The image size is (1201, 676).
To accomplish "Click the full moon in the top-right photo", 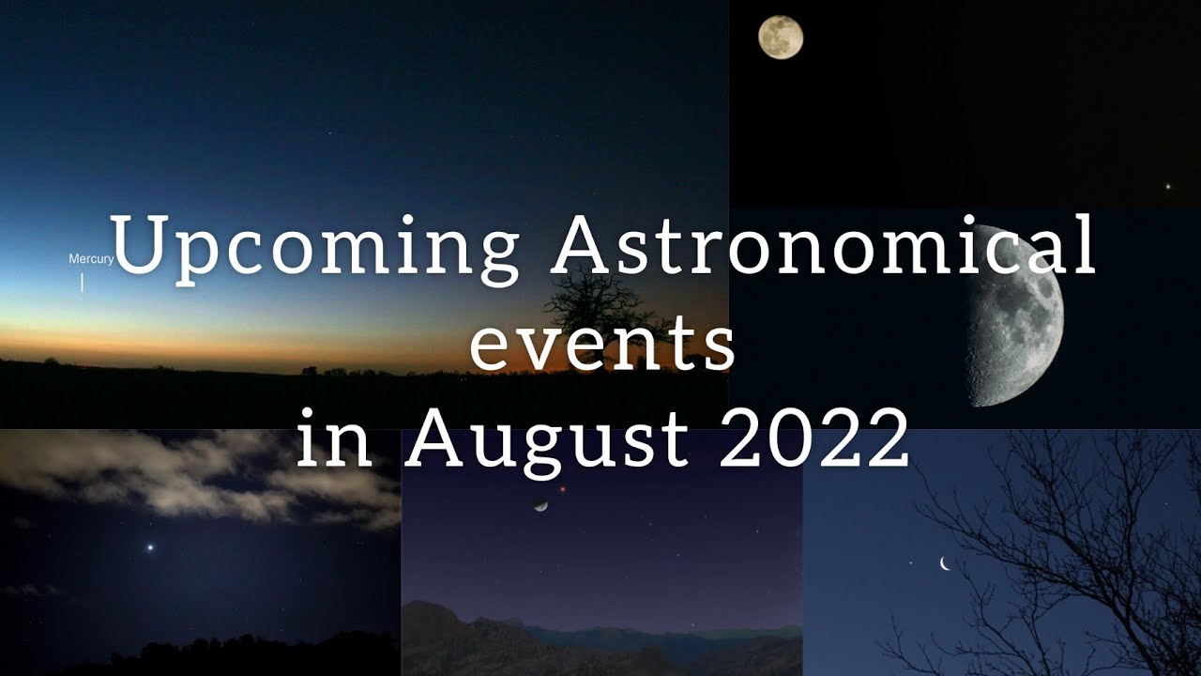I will pos(780,38).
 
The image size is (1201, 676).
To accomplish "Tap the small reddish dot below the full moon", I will pos(1168,186).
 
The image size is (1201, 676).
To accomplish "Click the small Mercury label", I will pos(91,258).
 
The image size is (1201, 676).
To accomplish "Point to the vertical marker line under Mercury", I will pos(83,282).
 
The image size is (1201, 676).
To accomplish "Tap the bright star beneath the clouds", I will pos(149,546).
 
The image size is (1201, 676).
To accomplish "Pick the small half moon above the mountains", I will pos(540,505).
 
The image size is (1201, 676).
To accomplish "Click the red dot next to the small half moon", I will pos(563,489).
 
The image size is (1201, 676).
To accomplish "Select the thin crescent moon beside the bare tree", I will pos(945,563).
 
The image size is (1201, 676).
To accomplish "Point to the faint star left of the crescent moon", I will pos(909,563).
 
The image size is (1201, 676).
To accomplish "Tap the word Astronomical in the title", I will pos(823,246).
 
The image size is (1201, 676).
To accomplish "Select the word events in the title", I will pos(601,345).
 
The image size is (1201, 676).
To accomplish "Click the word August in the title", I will pos(548,441).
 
